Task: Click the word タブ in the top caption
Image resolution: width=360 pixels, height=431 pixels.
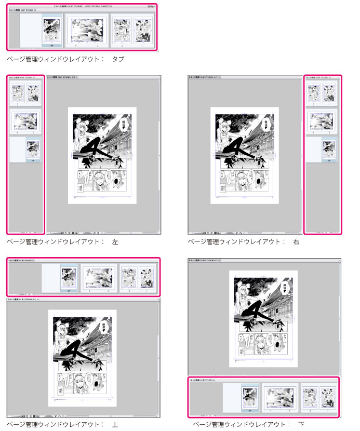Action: tap(118, 59)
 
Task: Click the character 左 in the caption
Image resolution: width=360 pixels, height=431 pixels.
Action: tap(115, 241)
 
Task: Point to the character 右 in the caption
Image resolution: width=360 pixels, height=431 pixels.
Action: tap(296, 241)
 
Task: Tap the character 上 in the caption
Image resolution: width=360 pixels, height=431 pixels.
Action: tap(115, 424)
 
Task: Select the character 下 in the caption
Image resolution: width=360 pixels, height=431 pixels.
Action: tap(301, 424)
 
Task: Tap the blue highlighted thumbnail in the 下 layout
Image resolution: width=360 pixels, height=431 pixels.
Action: tap(250, 396)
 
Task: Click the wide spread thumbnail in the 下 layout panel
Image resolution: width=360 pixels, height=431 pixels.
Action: tap(280, 396)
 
